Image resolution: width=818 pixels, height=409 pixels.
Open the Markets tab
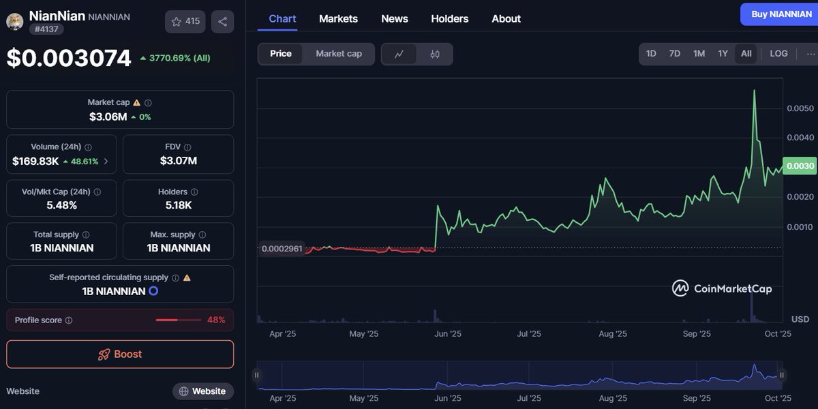tap(338, 18)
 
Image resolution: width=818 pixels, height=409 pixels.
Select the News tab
tap(395, 18)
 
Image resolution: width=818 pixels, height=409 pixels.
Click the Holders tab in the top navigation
tap(449, 18)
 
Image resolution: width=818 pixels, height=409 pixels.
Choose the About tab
tap(506, 18)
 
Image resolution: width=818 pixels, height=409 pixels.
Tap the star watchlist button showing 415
tap(185, 22)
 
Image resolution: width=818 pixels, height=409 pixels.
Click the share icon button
tap(222, 22)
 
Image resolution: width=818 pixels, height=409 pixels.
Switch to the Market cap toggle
tap(339, 54)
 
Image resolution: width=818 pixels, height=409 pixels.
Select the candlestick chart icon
tap(435, 54)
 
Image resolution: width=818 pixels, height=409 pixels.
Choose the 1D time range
tap(651, 54)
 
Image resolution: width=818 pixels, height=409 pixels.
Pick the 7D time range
tap(674, 54)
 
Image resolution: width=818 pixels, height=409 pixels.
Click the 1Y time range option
tap(723, 54)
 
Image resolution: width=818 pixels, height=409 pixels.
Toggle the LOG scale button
tap(778, 54)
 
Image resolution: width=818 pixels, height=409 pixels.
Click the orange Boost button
tap(120, 354)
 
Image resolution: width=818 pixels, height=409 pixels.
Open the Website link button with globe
tap(202, 391)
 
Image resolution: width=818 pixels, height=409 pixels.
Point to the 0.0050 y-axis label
tap(800, 108)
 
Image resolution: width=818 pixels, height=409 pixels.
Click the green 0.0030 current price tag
tap(800, 166)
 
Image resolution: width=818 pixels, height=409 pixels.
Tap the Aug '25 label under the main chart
tap(612, 334)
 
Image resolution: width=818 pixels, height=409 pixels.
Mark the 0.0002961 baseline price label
tap(282, 249)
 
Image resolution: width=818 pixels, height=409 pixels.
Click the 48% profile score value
tap(216, 320)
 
